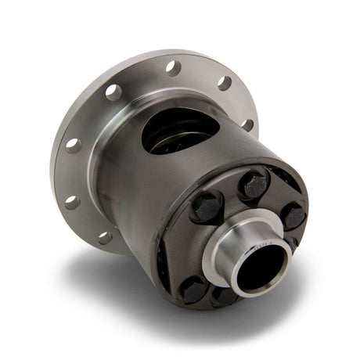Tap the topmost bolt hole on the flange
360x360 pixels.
click(x=172, y=67)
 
